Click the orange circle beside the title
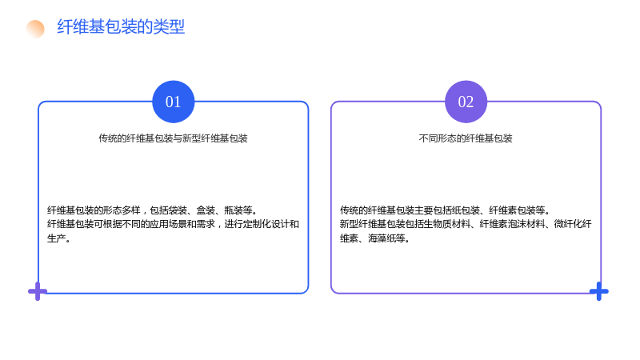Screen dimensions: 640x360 coord(35,29)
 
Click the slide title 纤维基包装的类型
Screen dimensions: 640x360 coord(121,27)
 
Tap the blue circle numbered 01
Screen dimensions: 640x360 coord(173,102)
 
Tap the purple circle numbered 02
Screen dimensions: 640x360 coord(466,102)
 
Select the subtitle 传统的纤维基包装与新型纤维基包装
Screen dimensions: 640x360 coord(173,138)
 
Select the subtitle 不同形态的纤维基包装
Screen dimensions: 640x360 coord(466,138)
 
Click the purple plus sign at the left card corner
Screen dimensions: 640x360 coord(38,291)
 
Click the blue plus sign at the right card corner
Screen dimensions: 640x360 coord(598,291)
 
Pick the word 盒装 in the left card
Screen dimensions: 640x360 coord(206,210)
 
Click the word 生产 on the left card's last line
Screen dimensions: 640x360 coord(56,238)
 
